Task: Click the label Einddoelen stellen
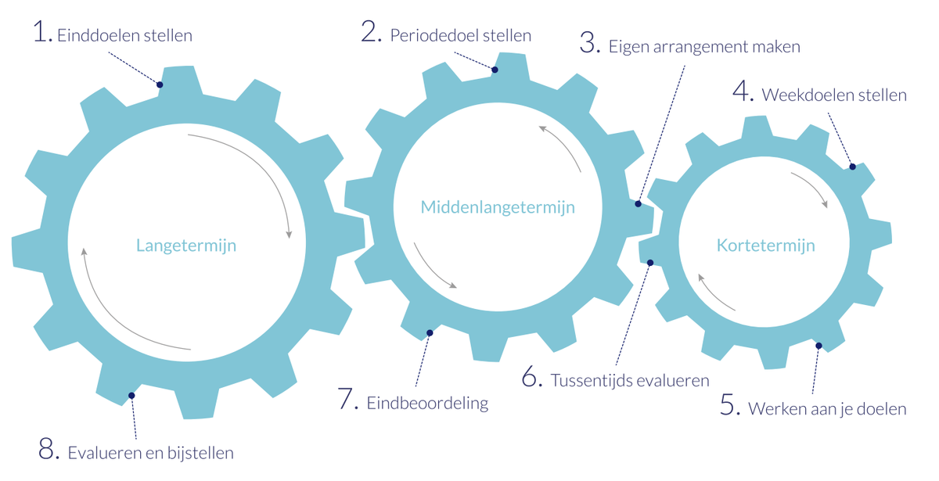point(124,36)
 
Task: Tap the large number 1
point(41,33)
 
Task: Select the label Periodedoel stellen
point(460,36)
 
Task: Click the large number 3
point(588,44)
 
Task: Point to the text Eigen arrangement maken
point(704,46)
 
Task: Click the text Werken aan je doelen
point(826,409)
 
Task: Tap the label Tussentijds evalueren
point(630,381)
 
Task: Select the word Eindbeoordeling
point(427,404)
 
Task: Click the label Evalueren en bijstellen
point(150,453)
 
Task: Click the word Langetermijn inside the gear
point(186,246)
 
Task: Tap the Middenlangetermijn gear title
point(498,207)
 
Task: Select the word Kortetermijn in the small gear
point(765,246)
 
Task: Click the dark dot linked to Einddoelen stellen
point(160,84)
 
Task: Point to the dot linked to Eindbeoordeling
point(429,333)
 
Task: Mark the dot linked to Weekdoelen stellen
point(853,167)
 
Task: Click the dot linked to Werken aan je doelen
point(818,345)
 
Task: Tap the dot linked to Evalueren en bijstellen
point(131,396)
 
